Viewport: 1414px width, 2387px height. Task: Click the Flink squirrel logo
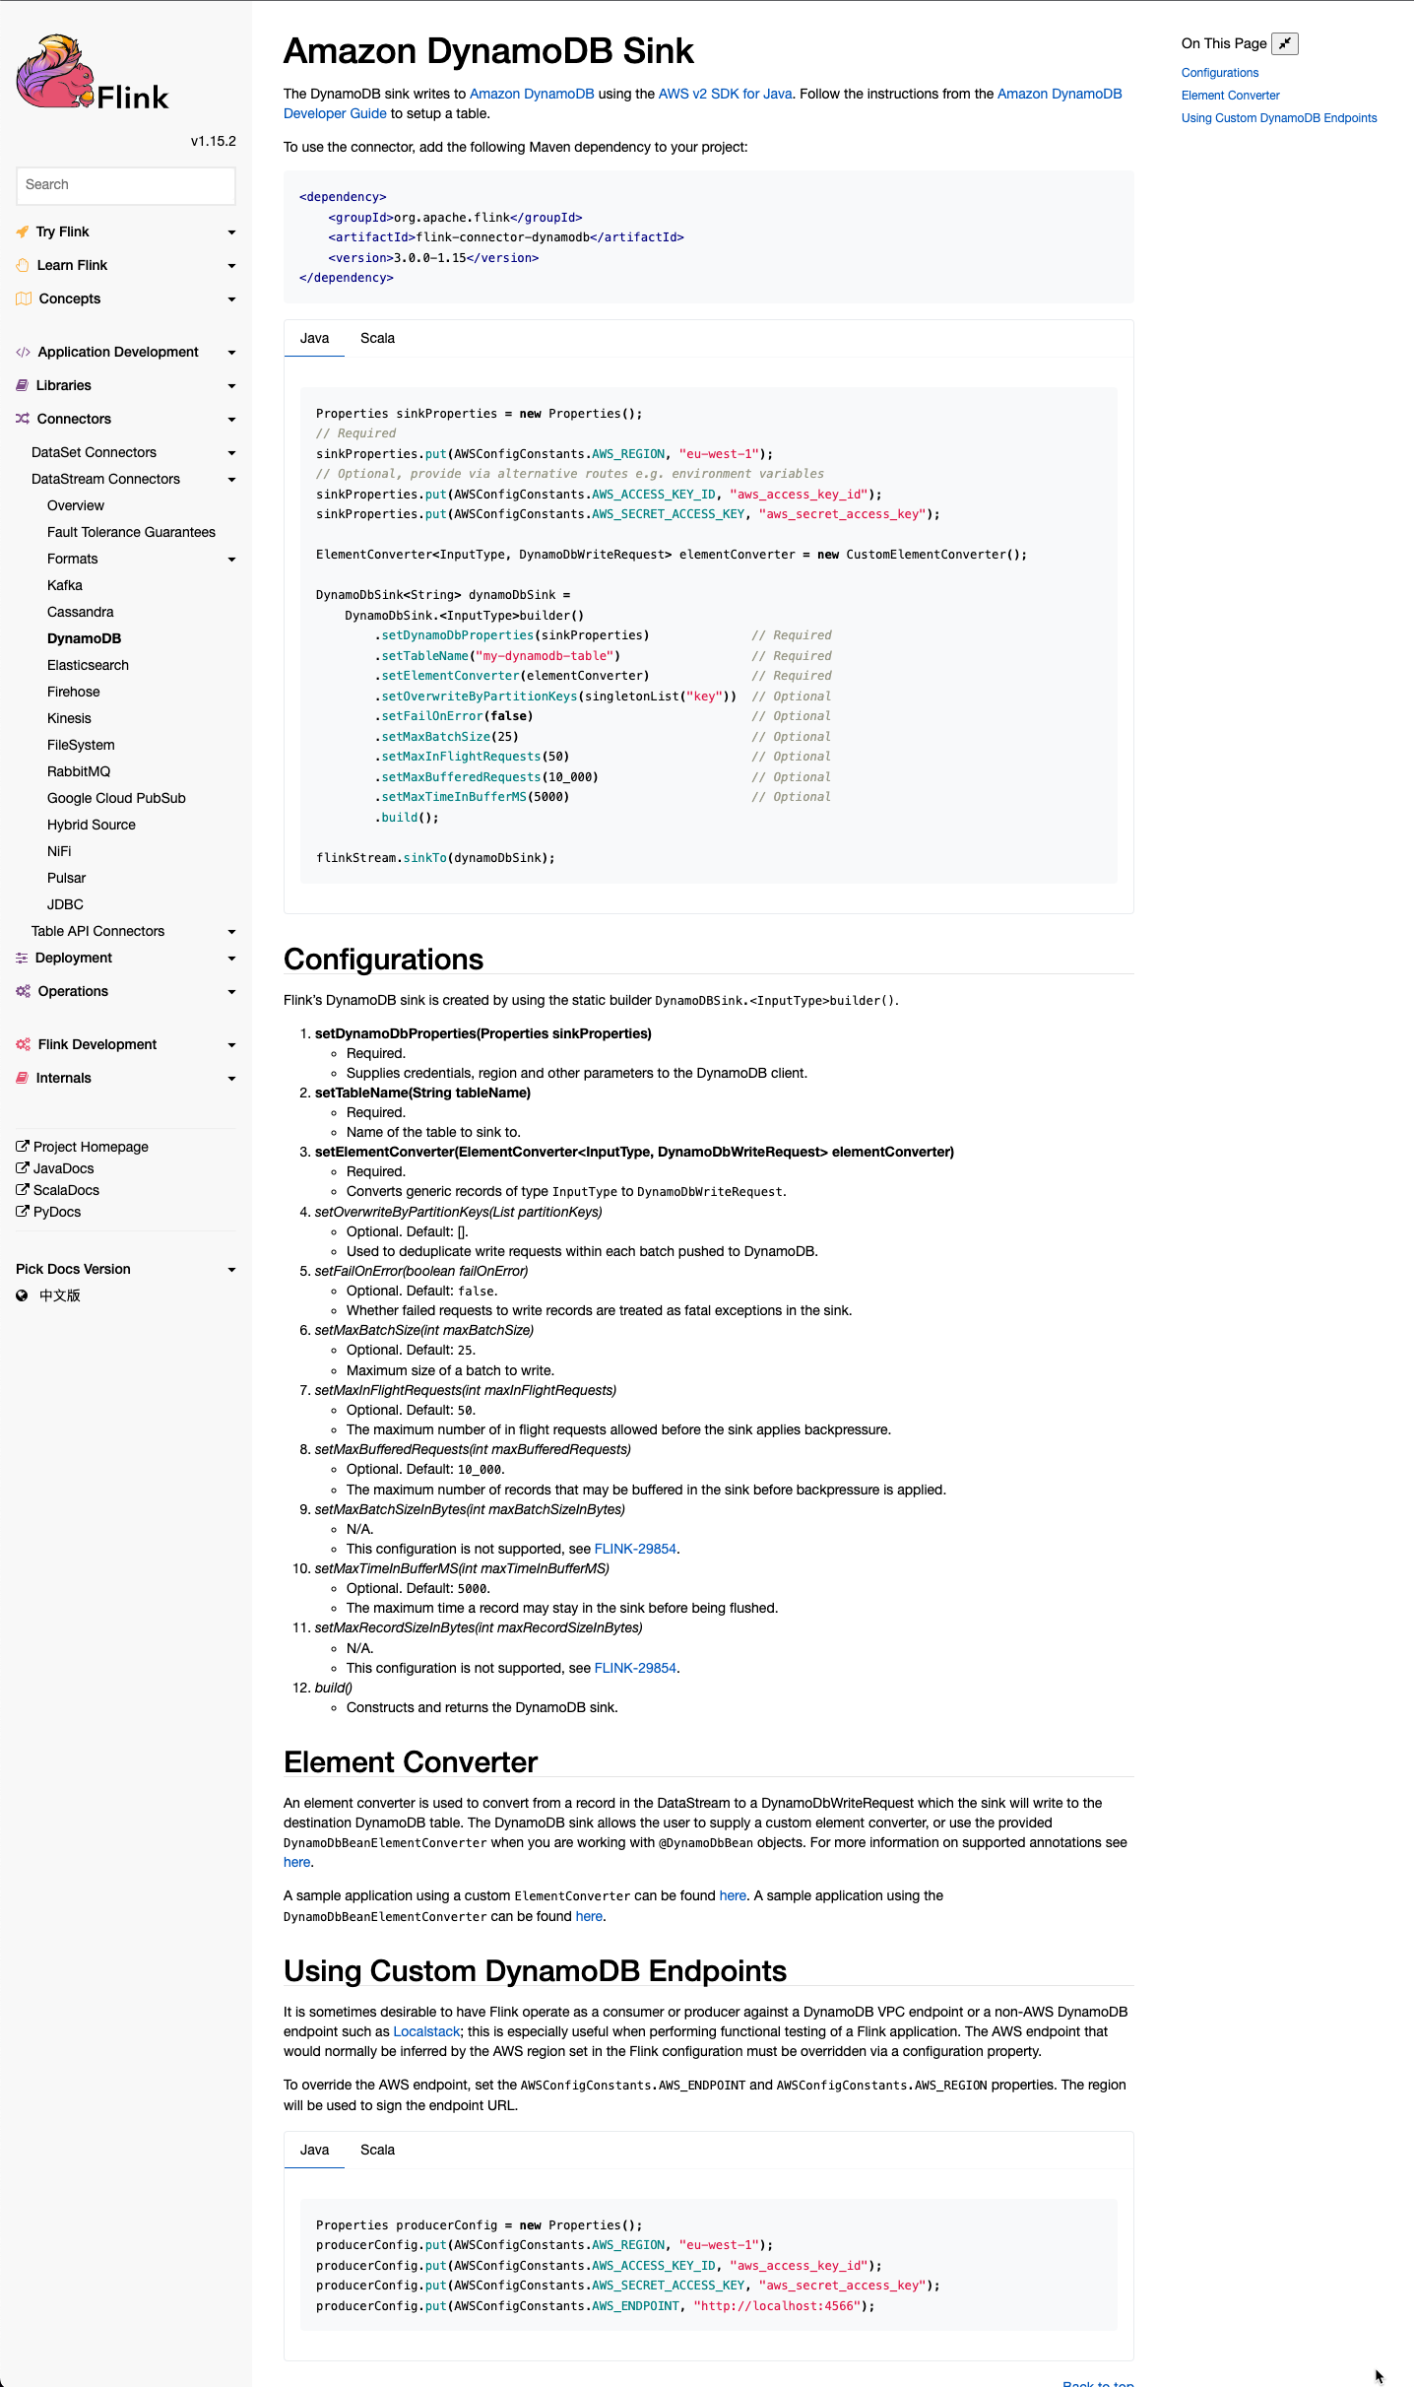pyautogui.click(x=59, y=73)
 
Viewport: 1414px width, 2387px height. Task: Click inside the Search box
pyautogui.click(x=125, y=185)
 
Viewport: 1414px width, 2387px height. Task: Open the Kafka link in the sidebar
pyautogui.click(x=65, y=585)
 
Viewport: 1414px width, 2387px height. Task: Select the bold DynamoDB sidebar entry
pyautogui.click(x=84, y=638)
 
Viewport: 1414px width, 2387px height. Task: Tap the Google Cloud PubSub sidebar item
pyautogui.click(x=116, y=798)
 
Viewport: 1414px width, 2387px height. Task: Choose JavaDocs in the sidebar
pyautogui.click(x=63, y=1168)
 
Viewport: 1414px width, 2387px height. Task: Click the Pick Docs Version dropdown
pyautogui.click(x=125, y=1269)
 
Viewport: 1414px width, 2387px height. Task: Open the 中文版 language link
pyautogui.click(x=59, y=1295)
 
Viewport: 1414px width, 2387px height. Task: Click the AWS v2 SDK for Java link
pyautogui.click(x=725, y=94)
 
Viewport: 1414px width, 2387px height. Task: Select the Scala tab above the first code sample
pyautogui.click(x=377, y=338)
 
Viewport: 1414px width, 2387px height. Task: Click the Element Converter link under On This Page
pyautogui.click(x=1230, y=96)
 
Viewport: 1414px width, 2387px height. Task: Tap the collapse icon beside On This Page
pyautogui.click(x=1284, y=43)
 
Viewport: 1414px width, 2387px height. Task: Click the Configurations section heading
pyautogui.click(x=383, y=960)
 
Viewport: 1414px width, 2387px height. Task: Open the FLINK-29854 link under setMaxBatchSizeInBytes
pyautogui.click(x=635, y=1549)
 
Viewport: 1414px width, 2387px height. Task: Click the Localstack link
pyautogui.click(x=426, y=2031)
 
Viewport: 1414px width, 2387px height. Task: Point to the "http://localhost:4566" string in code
pyautogui.click(x=777, y=2306)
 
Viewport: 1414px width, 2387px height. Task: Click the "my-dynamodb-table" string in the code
pyautogui.click(x=545, y=656)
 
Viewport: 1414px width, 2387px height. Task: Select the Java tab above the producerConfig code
pyautogui.click(x=314, y=2150)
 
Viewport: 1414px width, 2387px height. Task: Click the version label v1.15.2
pyautogui.click(x=213, y=141)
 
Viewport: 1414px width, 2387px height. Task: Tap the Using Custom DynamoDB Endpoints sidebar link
pyautogui.click(x=1278, y=118)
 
